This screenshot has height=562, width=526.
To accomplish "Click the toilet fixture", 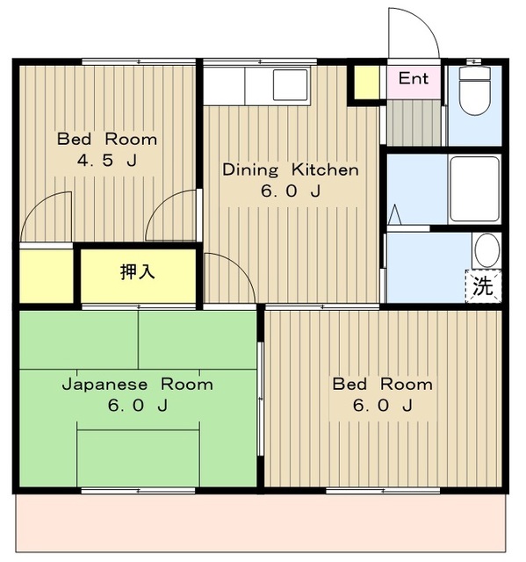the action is click(x=475, y=90).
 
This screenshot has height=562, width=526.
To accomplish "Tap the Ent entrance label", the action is click(x=414, y=78).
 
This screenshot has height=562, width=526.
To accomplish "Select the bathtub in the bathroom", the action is click(x=475, y=189).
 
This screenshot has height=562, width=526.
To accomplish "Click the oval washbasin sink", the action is click(x=487, y=250).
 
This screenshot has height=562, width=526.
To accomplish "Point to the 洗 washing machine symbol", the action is click(x=483, y=286).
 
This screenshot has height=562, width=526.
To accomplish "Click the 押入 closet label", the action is click(x=138, y=271).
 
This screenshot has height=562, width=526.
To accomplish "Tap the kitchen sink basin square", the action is click(x=291, y=85).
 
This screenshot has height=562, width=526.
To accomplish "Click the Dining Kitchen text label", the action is click(x=291, y=169).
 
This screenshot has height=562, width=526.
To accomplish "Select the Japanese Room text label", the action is click(x=138, y=385).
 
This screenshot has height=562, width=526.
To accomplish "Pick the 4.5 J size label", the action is click(x=107, y=160).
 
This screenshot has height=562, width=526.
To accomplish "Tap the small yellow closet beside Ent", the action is click(x=367, y=83).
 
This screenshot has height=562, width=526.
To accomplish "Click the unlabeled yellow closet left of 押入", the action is click(x=47, y=276).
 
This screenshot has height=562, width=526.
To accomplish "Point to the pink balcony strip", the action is click(x=261, y=523).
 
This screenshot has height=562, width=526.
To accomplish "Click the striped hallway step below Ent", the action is click(x=414, y=123).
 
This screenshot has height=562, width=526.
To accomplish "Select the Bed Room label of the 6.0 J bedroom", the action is click(x=383, y=385).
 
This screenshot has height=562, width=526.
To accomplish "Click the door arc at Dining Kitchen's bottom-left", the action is click(x=241, y=266).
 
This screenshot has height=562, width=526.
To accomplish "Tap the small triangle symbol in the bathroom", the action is click(x=394, y=214).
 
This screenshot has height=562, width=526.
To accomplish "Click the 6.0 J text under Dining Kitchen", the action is click(x=291, y=191).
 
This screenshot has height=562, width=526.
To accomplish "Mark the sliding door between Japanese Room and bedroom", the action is click(x=261, y=399).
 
